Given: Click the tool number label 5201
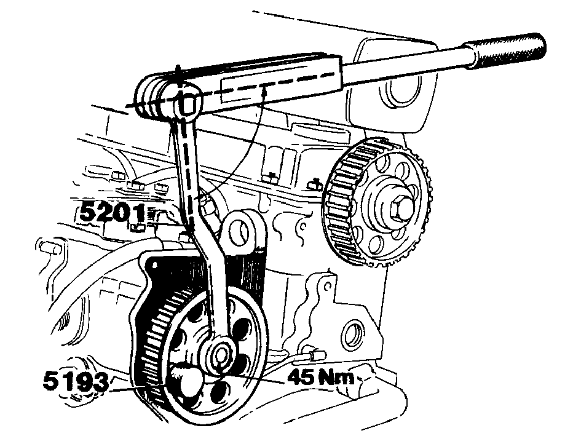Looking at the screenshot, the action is coord(113,213).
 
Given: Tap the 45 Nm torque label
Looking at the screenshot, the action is coord(320,378).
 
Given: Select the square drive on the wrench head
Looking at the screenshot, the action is coord(189,103).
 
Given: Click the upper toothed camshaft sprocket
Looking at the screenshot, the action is coord(378,202).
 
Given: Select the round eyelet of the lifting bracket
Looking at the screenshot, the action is coord(239,232).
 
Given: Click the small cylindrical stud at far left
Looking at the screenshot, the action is coord(50,247).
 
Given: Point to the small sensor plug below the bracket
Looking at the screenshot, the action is coord(317,355).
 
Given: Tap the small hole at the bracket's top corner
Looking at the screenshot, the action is coord(328,287).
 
